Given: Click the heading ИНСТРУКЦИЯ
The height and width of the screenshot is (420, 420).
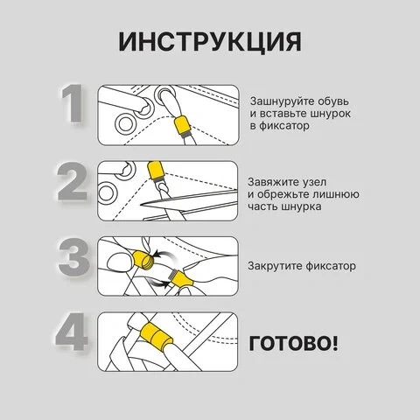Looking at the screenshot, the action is tap(210, 41).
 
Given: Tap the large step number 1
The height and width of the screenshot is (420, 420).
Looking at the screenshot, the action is tap(72, 103).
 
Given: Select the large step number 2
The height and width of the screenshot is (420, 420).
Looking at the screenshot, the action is tap(72, 181).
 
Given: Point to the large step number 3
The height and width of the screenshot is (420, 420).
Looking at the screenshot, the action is tap(73, 257).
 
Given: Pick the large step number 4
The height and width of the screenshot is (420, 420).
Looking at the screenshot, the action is tap(72, 332).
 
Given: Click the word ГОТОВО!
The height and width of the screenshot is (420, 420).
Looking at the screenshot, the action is tap(293, 343).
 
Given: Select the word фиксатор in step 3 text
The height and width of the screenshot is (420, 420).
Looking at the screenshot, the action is tap(331, 266).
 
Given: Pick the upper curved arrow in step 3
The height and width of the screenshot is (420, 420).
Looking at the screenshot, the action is tap(164, 255).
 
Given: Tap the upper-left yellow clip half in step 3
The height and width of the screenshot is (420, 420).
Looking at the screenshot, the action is tap(143, 259).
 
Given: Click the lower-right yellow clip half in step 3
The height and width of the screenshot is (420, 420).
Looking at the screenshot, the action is tap(181, 279).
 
